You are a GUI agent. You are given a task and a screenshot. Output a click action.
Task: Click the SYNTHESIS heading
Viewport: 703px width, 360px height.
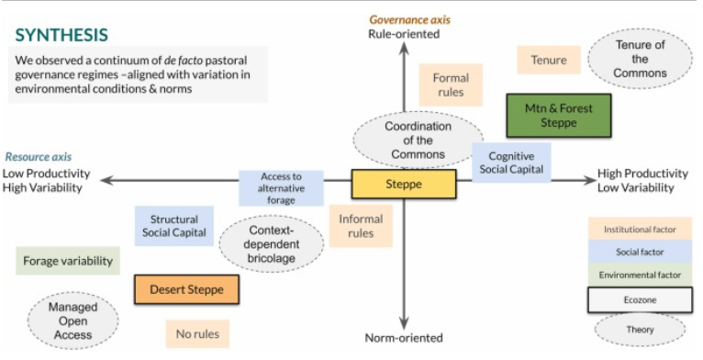pyautogui.click(x=62, y=35)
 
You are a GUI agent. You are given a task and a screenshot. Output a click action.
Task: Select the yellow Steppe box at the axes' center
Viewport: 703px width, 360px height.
pyautogui.click(x=404, y=185)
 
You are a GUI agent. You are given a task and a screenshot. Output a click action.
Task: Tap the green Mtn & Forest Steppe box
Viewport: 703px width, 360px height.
pyautogui.click(x=558, y=115)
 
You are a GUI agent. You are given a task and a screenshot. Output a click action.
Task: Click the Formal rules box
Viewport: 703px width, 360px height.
pyautogui.click(x=450, y=85)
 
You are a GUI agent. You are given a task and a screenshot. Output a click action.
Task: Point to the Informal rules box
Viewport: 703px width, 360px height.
pyautogui.click(x=361, y=227)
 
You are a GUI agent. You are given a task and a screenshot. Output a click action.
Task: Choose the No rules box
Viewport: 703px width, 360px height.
pyautogui.click(x=197, y=334)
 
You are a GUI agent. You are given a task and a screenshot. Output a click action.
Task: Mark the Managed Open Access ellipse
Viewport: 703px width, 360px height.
pyautogui.click(x=73, y=321)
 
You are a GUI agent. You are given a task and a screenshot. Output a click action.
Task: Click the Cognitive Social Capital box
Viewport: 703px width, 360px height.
pyautogui.click(x=511, y=163)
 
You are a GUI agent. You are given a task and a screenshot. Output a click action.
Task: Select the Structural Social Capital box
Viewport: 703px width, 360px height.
pyautogui.click(x=174, y=227)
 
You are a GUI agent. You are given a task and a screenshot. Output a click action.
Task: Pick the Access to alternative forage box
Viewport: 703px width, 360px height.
pyautogui.click(x=282, y=187)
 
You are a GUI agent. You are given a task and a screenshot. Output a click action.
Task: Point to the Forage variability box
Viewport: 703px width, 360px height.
pyautogui.click(x=68, y=261)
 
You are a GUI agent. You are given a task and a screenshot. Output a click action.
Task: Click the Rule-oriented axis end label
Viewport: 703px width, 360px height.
pyautogui.click(x=404, y=34)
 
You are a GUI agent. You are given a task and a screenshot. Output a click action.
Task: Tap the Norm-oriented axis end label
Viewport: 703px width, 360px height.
pyautogui.click(x=404, y=338)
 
